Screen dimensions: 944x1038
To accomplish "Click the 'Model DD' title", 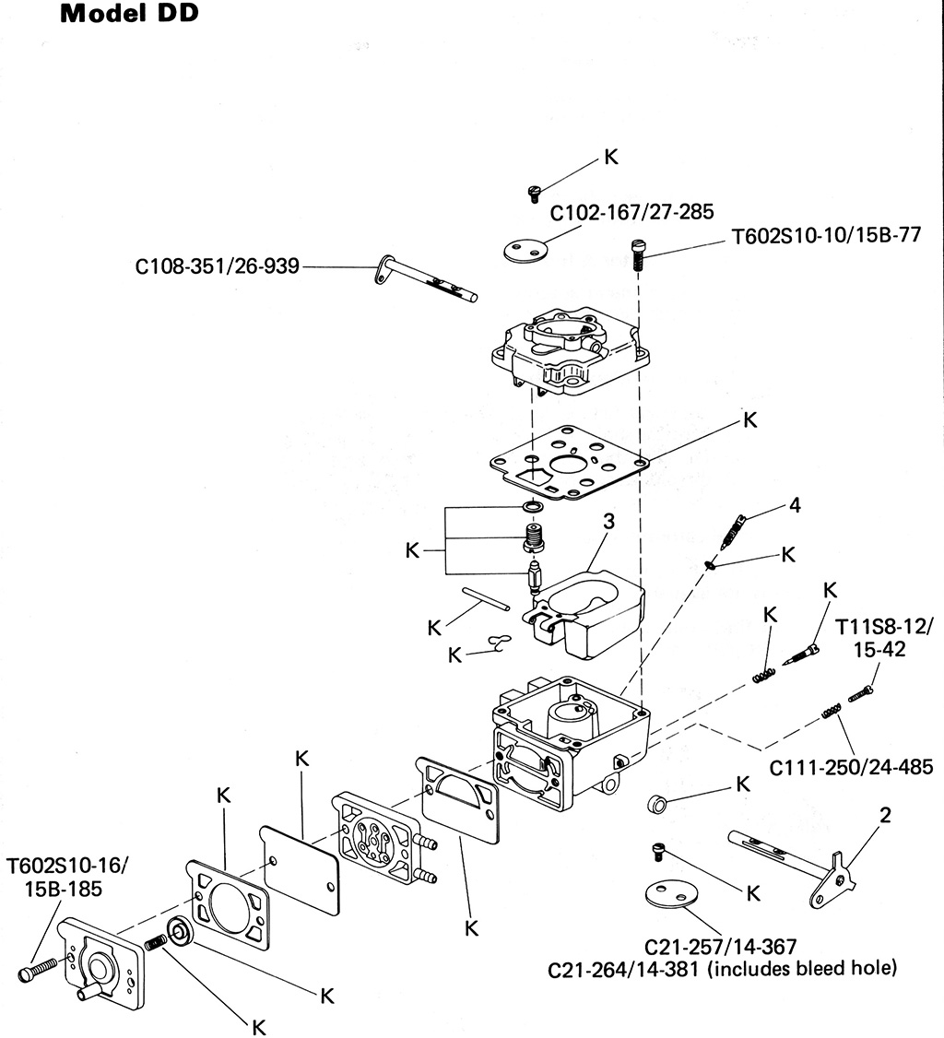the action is pos(129,14).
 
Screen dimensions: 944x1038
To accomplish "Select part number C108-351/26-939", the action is pos(218,266).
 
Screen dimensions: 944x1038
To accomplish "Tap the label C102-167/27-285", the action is pos(632,213).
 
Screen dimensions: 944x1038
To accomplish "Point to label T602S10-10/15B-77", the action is pos(826,236).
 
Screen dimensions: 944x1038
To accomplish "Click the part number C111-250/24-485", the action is pos(851,767).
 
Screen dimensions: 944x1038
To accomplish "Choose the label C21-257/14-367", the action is pos(720,947).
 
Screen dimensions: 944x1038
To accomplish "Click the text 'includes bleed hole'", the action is pos(802,969).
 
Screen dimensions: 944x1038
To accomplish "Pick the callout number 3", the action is pos(608,522).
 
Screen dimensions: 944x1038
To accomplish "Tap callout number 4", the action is pos(795,505).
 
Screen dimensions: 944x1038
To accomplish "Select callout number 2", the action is pos(885,815).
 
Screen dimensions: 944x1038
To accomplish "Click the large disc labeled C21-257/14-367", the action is pos(674,894).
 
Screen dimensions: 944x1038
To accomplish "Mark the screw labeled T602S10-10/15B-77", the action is pos(638,254).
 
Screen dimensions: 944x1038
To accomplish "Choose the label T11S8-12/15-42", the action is pos(884,638).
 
